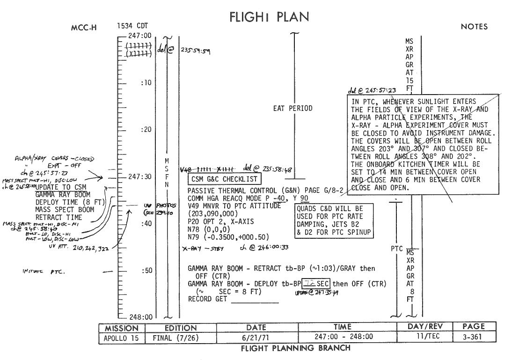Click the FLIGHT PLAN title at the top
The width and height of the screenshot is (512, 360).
point(269,17)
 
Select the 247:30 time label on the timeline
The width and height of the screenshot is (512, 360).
point(139,177)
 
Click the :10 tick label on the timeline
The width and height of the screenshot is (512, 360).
point(146,83)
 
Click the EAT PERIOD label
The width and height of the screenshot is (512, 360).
point(293,108)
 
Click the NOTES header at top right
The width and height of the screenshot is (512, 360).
point(474,27)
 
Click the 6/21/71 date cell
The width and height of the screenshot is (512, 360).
point(256,337)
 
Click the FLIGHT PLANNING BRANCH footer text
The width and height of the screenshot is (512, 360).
point(295,348)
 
